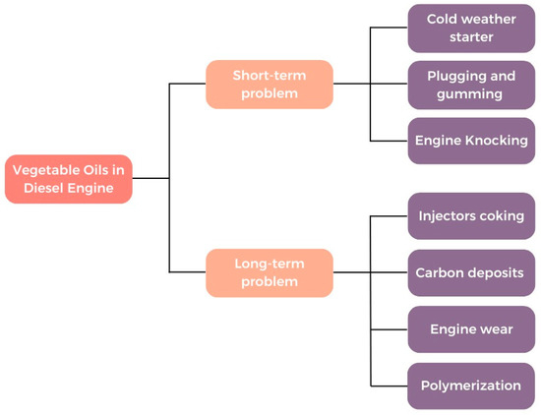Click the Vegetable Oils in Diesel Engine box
click(x=68, y=179)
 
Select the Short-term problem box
click(x=269, y=85)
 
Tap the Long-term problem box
click(x=269, y=272)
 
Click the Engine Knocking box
click(x=471, y=140)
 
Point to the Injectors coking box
click(x=471, y=216)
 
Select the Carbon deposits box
click(x=471, y=272)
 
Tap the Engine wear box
click(x=471, y=329)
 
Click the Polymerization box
click(x=471, y=385)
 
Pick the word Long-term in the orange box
click(x=269, y=264)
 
